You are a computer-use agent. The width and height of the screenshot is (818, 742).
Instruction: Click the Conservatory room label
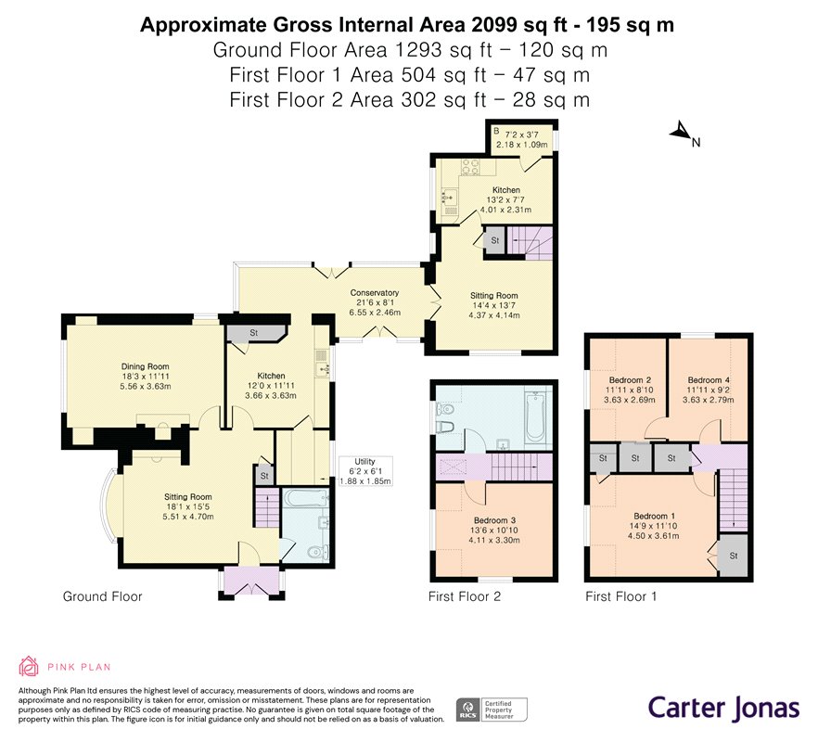pyautogui.click(x=375, y=293)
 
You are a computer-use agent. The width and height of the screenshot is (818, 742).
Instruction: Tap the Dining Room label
pyautogui.click(x=145, y=366)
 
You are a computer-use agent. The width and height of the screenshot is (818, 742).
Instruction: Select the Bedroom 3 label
pyautogui.click(x=494, y=520)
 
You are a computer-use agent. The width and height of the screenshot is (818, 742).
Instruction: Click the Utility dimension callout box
pyautogui.click(x=365, y=471)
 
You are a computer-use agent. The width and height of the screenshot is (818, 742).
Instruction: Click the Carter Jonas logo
pyautogui.click(x=723, y=708)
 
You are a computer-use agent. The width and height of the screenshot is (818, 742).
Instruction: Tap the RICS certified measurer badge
pyautogui.click(x=492, y=710)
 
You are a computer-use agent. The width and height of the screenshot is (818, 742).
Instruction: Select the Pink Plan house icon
pyautogui.click(x=29, y=666)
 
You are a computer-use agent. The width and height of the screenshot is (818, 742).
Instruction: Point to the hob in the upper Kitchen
pyautogui.click(x=470, y=167)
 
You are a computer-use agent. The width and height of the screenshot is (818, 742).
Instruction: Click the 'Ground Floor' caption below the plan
pyautogui.click(x=102, y=596)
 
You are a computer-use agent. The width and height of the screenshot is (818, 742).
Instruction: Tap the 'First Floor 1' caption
pyautogui.click(x=620, y=596)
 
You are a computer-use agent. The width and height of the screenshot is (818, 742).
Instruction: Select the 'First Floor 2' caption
pyautogui.click(x=465, y=596)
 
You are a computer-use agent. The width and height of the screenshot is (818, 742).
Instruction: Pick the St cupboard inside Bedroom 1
pyautogui.click(x=734, y=556)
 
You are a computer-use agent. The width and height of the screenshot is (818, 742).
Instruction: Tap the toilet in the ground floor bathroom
pyautogui.click(x=317, y=552)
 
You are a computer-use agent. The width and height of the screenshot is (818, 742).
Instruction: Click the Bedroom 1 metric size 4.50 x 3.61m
pyautogui.click(x=653, y=535)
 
